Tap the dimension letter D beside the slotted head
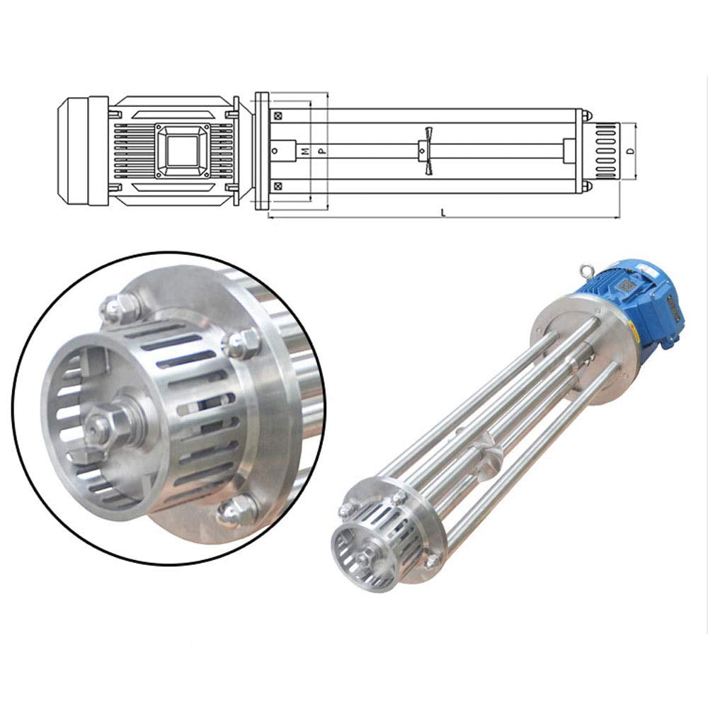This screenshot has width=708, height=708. [x=629, y=151]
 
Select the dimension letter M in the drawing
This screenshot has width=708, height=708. [x=305, y=151]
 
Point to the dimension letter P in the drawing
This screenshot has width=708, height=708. [x=321, y=151]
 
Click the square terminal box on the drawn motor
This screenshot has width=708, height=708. [x=183, y=150]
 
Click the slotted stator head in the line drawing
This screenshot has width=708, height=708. [x=606, y=150]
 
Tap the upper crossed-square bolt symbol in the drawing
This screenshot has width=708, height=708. [x=278, y=115]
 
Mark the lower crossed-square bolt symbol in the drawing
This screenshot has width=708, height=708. [x=278, y=186]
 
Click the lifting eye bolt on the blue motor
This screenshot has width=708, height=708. [x=585, y=270]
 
